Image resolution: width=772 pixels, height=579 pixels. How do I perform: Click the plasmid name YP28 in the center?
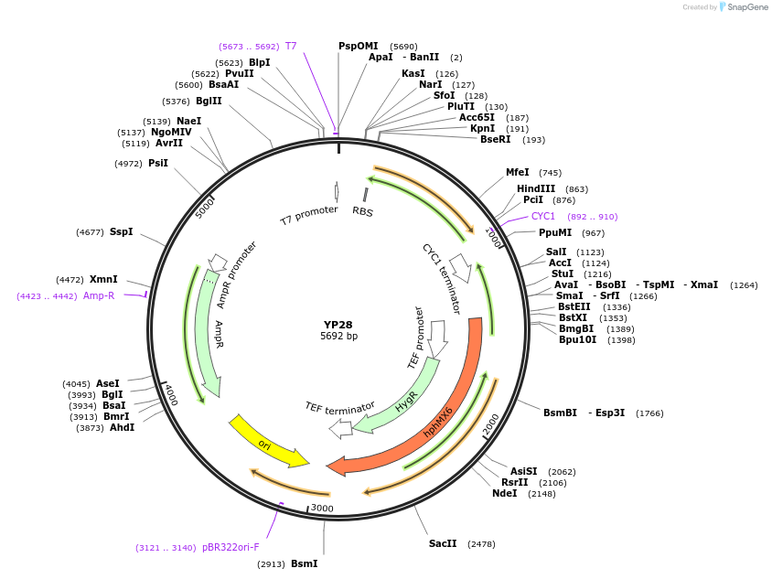(338, 325)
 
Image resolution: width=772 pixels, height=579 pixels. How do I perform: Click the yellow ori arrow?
(266, 443)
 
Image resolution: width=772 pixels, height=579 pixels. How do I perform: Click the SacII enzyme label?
(443, 543)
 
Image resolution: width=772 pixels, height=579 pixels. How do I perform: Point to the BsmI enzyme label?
(304, 563)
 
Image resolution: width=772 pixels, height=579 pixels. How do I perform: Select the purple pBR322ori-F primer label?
(231, 547)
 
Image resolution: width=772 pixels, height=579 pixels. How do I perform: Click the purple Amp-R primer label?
(99, 295)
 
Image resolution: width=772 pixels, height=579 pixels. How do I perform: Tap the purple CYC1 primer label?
(543, 217)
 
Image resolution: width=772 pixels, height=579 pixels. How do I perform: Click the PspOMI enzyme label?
(358, 46)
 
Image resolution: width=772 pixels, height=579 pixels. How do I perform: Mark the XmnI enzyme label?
(103, 279)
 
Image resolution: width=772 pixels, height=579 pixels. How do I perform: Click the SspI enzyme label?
(121, 231)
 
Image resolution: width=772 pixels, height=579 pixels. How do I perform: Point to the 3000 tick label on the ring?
(322, 508)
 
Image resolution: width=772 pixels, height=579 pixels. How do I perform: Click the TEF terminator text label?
(340, 407)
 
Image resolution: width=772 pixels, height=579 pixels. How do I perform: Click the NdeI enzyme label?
(504, 493)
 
